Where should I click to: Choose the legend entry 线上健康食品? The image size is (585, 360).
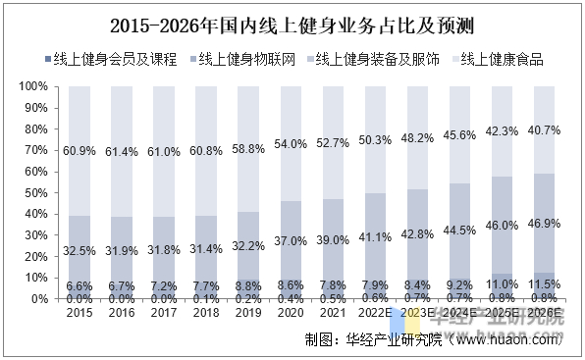point(502,60)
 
